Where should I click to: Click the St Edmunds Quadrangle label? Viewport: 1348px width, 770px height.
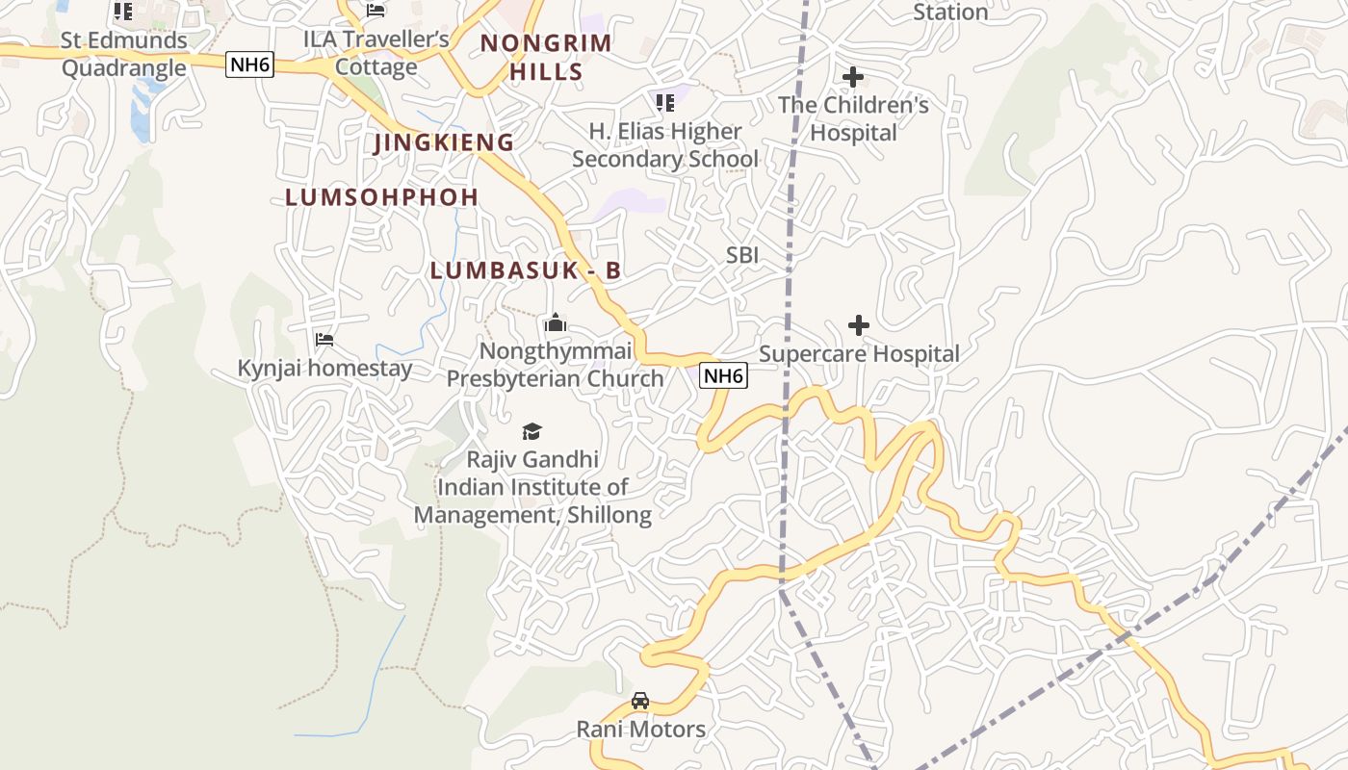coord(124,54)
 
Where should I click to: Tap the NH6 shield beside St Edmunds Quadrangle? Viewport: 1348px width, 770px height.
coord(250,64)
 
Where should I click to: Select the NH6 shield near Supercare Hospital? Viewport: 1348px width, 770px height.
coord(723,375)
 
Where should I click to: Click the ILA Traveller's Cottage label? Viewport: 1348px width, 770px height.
coord(376,53)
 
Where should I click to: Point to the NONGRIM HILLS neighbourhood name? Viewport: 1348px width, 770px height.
coord(546,57)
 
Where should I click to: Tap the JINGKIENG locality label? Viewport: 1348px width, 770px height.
coord(444,142)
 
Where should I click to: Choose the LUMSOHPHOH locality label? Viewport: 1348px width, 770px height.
coord(381,197)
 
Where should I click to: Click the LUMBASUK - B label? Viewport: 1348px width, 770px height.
coord(525,271)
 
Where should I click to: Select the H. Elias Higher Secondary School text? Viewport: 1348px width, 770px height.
coord(665,144)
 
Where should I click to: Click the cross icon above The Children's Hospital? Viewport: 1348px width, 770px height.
coord(853,77)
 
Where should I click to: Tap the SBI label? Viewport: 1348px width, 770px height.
coord(742,255)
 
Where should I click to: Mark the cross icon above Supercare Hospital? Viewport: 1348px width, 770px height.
coord(858,326)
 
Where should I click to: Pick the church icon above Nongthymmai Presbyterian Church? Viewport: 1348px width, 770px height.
coord(555,323)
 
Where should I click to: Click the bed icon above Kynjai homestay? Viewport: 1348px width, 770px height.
coord(324,340)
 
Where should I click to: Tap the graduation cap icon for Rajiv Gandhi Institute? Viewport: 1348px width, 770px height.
coord(531,431)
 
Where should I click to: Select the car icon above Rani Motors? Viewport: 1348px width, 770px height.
coord(640,701)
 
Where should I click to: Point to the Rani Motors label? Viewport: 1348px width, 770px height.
coord(640,730)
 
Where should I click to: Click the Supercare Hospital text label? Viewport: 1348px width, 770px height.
coord(859,354)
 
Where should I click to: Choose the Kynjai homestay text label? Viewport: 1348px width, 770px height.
coord(324,369)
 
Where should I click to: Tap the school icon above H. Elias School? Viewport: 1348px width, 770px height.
coord(664,102)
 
